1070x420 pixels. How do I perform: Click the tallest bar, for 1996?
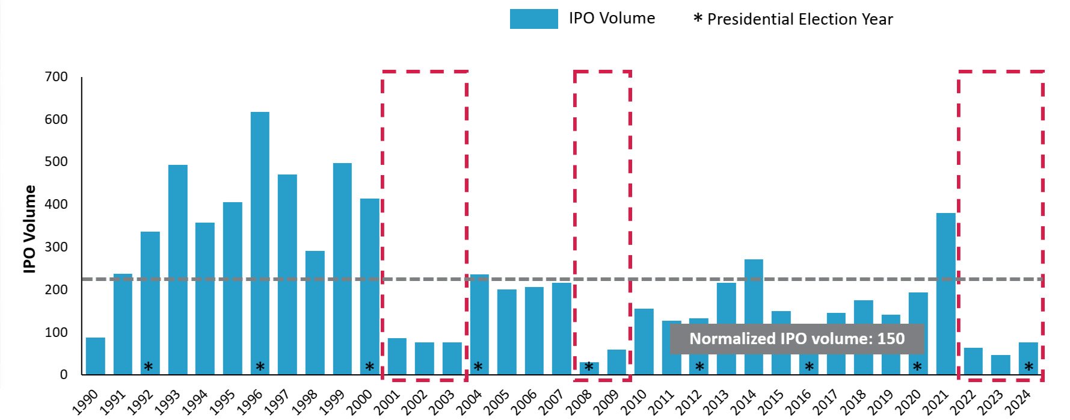click(x=260, y=241)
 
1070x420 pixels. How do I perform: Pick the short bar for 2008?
click(x=589, y=368)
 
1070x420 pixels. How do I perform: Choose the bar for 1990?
click(x=95, y=356)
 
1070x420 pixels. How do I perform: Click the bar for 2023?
click(x=1001, y=365)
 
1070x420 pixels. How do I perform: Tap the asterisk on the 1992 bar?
click(x=148, y=366)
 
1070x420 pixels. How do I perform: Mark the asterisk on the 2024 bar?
click(x=1028, y=366)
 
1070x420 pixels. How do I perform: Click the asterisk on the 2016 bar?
click(x=809, y=366)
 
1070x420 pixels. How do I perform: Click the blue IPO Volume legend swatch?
click(x=533, y=19)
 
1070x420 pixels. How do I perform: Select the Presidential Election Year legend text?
click(x=799, y=19)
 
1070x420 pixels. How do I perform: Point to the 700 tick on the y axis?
click(x=57, y=77)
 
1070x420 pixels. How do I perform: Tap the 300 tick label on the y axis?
click(x=57, y=247)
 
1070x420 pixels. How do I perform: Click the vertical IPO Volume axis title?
click(x=29, y=229)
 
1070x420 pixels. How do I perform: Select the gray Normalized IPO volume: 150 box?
click(x=796, y=339)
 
